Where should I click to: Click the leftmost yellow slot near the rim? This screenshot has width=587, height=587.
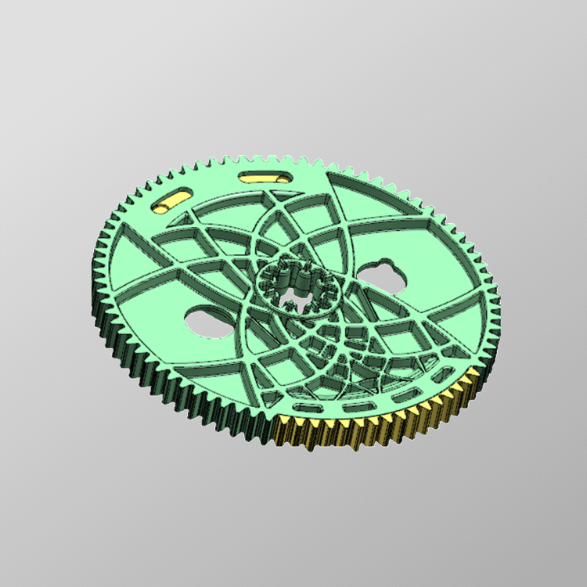[x=173, y=199]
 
